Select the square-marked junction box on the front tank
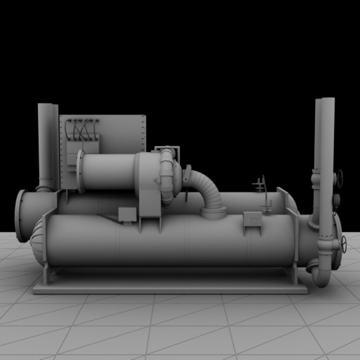point(252,220)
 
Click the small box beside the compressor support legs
point(127,214)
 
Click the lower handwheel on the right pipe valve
point(343,243)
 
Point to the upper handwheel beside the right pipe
point(340,178)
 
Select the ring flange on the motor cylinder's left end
point(80,171)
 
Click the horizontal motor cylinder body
point(109,171)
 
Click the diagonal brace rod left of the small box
point(107,218)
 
